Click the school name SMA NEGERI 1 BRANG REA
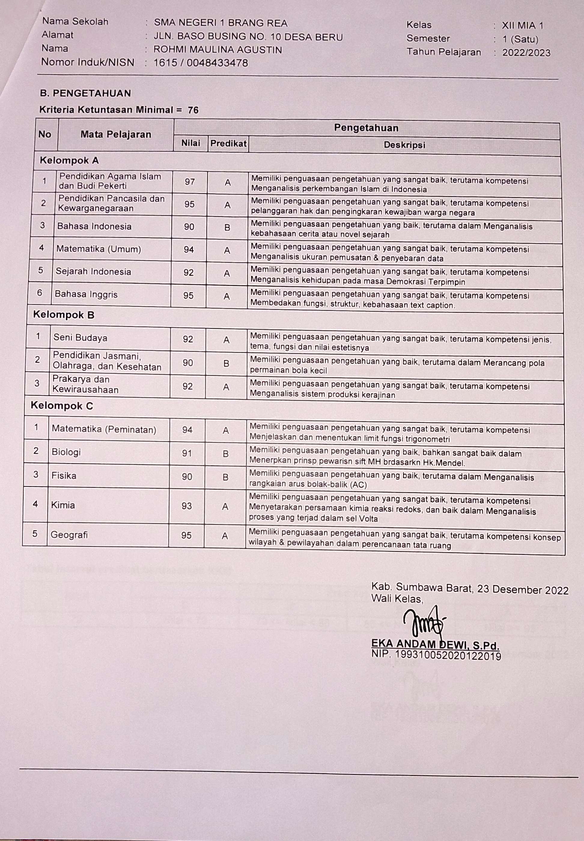[220, 23]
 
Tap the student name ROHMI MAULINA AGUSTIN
[218, 50]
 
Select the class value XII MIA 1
[522, 26]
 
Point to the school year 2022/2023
[526, 53]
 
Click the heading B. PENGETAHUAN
[85, 93]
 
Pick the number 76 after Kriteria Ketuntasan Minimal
[193, 110]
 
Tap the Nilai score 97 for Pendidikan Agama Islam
[190, 182]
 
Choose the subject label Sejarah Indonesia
[93, 272]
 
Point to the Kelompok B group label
[64, 315]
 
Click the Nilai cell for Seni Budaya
[188, 339]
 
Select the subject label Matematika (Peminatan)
[104, 429]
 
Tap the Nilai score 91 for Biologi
[187, 454]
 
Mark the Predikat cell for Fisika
[225, 477]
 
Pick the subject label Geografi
[69, 535]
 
